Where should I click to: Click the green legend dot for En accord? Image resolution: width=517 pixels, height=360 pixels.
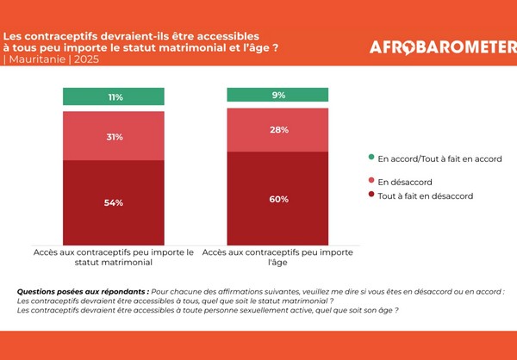[x=371, y=158]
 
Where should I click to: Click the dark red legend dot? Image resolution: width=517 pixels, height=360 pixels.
[x=371, y=196]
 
